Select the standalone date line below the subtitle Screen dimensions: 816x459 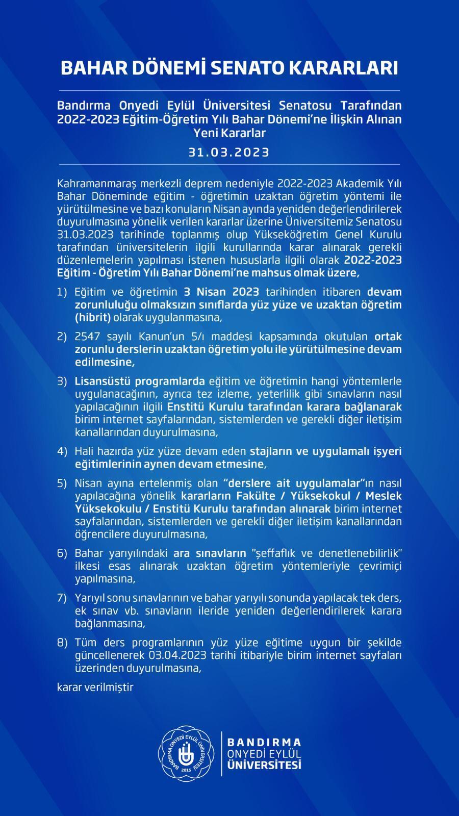pos(229,152)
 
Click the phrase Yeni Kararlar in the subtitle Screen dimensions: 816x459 pos(229,133)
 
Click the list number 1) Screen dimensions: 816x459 pos(62,292)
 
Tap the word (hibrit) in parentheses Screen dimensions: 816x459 pos(93,318)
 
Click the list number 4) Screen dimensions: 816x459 pos(62,451)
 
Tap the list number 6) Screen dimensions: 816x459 pos(62,553)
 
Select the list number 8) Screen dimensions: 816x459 pos(62,642)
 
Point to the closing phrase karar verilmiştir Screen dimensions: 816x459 pos(95,687)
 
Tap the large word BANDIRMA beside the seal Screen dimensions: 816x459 pos(264,742)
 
